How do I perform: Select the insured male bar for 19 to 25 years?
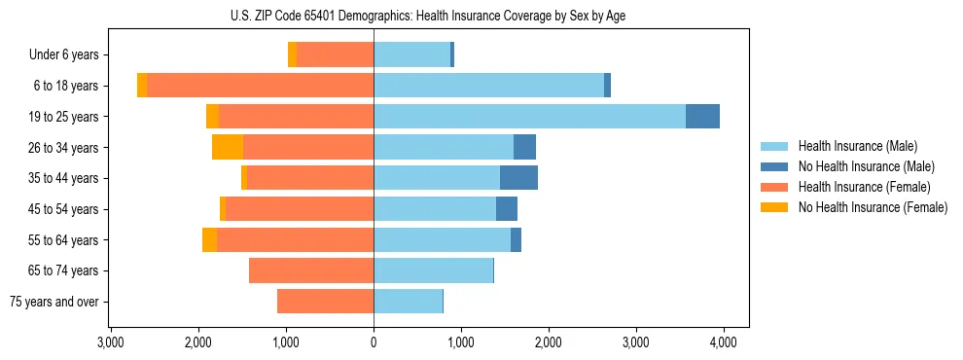coord(529,117)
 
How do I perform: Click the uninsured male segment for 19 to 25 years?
coord(702,117)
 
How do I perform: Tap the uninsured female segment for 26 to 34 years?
coord(228,147)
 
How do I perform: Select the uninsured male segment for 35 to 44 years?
coord(518,178)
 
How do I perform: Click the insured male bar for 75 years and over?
coord(408,302)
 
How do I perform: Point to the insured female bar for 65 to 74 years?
coord(311,270)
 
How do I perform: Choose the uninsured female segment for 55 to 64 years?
coord(209,239)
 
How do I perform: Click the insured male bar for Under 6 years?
coord(411,54)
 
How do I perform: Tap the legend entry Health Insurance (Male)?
coord(857,146)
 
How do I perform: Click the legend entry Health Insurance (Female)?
coord(864,187)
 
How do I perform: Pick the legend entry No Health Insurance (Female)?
coord(873,207)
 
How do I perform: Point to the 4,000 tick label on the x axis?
coord(723,342)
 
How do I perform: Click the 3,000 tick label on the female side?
coord(111,342)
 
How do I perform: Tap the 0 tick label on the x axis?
coord(374,342)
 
